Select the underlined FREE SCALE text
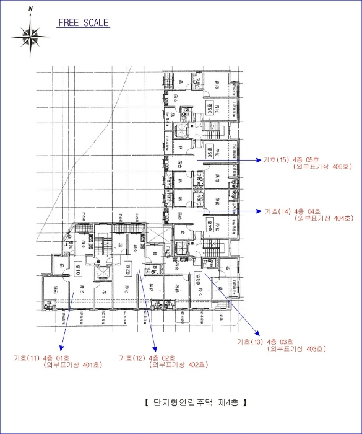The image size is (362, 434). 84,24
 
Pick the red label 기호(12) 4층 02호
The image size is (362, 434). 146,358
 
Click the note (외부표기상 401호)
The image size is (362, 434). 73,365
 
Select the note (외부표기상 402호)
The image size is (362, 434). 178,365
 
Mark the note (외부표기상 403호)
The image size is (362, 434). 296,349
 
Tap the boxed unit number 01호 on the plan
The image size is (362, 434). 79,269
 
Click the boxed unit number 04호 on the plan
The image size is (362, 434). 210,226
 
